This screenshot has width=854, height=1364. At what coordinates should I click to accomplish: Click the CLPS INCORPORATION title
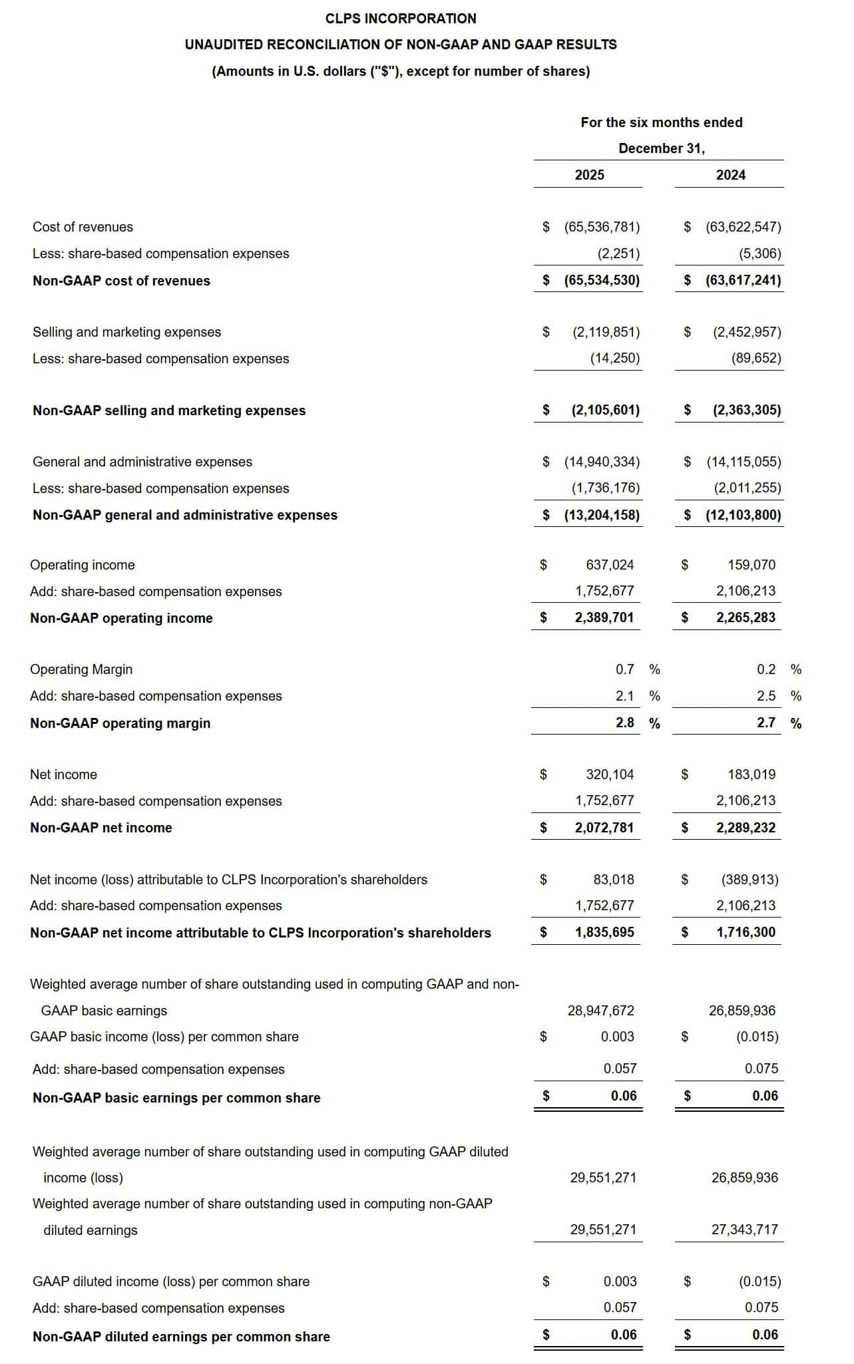pos(401,19)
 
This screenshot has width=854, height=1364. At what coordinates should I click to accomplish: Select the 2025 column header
pos(589,175)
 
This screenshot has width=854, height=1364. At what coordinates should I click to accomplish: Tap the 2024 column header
pos(730,175)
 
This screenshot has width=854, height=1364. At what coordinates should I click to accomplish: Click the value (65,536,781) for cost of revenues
pos(602,227)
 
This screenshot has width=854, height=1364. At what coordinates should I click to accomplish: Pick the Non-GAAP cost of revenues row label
pos(121,281)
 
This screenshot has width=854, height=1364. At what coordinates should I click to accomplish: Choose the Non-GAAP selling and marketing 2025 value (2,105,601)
pos(605,410)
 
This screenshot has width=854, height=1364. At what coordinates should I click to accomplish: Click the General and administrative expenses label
pos(142,462)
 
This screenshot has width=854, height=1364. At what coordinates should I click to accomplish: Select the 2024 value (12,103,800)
pos(744,515)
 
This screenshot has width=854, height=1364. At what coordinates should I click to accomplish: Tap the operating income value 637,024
pos(610,565)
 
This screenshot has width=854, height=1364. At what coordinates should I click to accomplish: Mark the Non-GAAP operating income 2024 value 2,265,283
pos(746,617)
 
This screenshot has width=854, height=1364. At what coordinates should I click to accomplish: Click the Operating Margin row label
pos(81,669)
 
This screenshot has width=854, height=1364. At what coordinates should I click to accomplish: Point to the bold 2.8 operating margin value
pos(624,723)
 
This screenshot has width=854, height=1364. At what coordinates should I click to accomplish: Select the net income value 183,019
pos(751,774)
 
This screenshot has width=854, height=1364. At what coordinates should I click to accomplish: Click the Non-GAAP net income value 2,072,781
pos(604,828)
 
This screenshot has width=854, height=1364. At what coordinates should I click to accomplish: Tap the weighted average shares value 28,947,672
pos(600,1011)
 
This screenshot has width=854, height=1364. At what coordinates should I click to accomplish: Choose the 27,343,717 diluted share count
pos(744,1230)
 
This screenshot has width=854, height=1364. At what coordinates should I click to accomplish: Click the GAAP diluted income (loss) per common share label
pos(171,1281)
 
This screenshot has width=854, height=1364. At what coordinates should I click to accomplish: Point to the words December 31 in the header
pos(661,148)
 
